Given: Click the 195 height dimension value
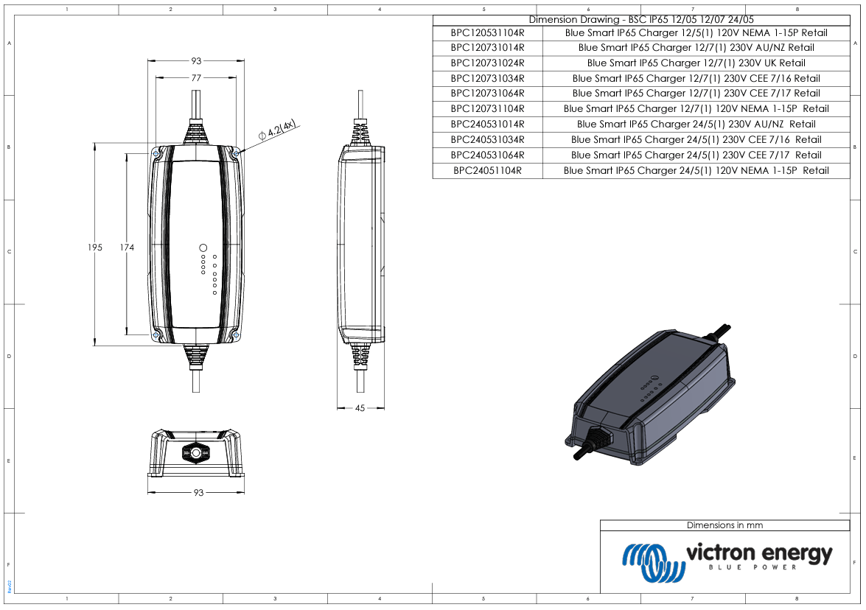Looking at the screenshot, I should click(94, 248).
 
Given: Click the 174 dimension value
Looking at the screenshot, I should click(127, 248).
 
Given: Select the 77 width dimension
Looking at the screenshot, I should click(197, 77).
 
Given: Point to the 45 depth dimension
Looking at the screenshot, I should click(360, 407).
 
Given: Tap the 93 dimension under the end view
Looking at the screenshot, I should click(198, 493).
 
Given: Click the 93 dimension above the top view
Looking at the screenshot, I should click(197, 61).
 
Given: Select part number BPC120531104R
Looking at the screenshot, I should click(487, 32).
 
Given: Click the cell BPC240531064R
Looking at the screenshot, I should click(487, 155).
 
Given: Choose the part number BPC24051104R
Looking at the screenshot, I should click(487, 170).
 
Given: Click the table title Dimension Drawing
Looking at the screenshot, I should click(641, 20).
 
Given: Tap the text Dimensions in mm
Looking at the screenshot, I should click(724, 525).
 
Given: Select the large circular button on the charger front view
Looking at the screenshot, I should click(203, 248).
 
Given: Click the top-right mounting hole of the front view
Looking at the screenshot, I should click(235, 153).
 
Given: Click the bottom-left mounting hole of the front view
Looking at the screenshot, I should click(156, 335).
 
